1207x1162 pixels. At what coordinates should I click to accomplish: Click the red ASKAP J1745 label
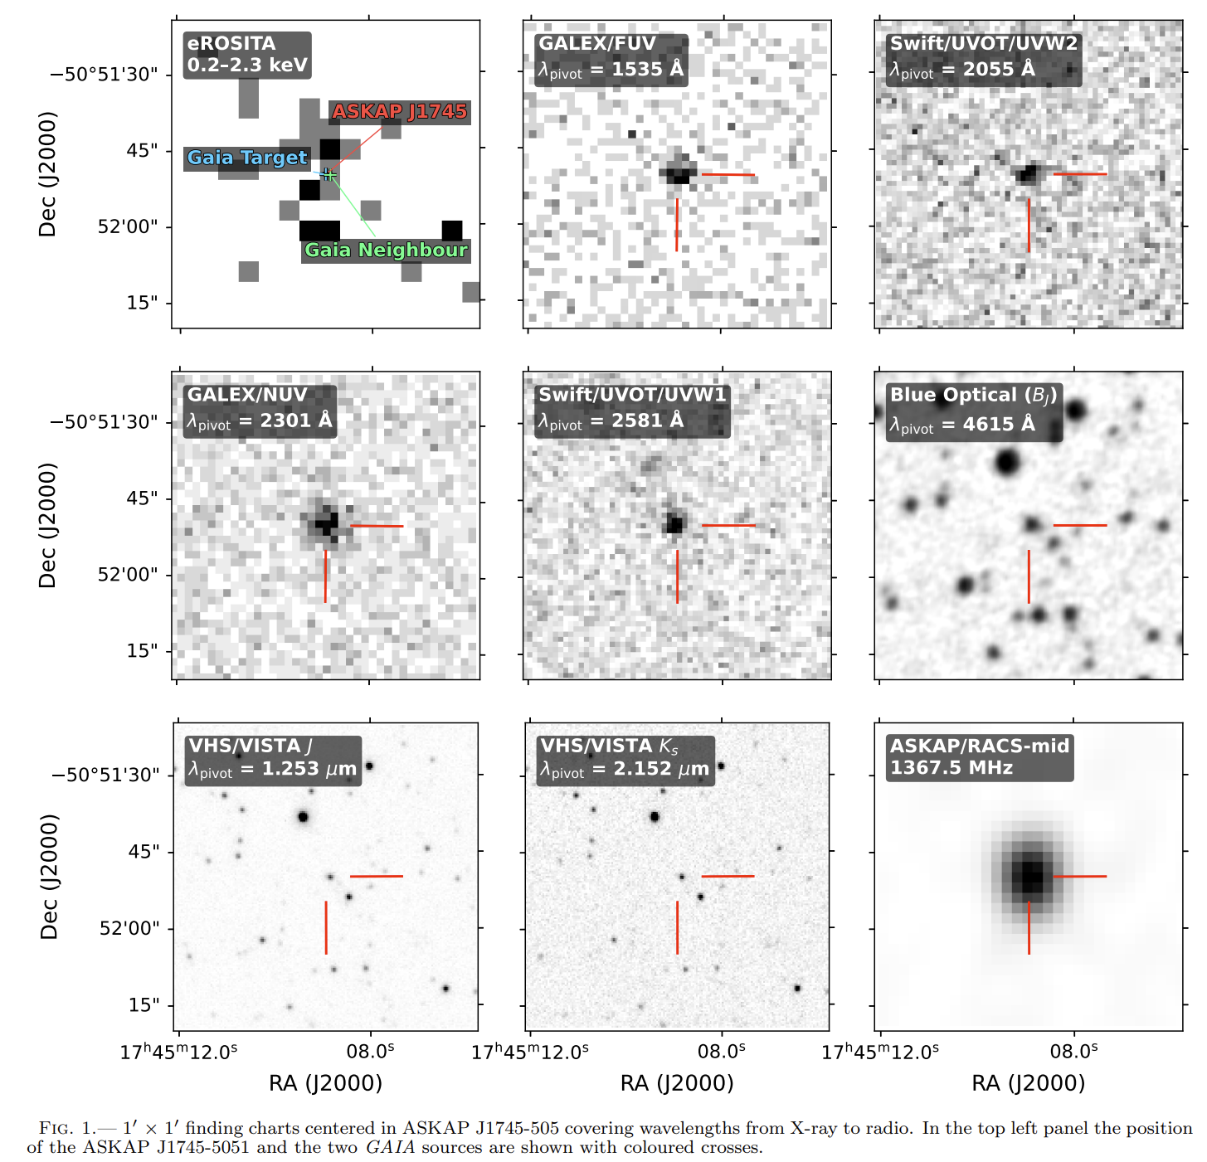click(400, 112)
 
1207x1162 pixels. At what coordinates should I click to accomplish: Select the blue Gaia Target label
click(247, 158)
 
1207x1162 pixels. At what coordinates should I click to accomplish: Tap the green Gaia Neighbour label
click(386, 250)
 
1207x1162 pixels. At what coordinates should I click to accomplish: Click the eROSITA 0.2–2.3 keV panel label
click(247, 55)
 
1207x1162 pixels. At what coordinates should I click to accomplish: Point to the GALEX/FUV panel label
click(611, 59)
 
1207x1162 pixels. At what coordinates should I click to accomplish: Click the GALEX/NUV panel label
click(260, 411)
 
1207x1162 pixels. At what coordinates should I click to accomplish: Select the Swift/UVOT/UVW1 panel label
click(632, 411)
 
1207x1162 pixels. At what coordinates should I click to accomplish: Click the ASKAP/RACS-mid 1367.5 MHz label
click(980, 758)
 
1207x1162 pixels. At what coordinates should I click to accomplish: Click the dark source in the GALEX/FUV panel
click(679, 172)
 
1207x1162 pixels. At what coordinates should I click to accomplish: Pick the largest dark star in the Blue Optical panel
click(1007, 462)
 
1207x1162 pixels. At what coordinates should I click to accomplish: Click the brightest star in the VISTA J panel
click(303, 817)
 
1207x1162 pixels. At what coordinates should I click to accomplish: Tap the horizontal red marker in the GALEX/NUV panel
click(377, 526)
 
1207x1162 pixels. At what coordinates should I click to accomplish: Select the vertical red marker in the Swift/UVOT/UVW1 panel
click(677, 576)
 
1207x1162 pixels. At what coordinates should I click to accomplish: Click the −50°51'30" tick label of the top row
click(103, 75)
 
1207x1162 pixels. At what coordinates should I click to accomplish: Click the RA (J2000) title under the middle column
click(677, 1082)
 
